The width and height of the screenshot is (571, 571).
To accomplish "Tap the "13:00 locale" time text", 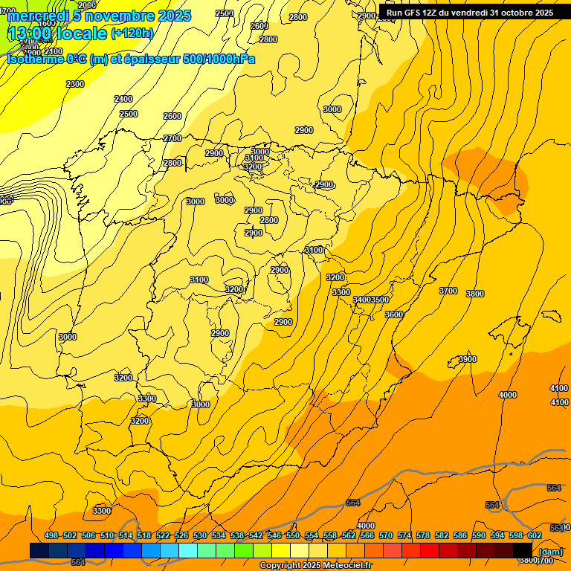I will [57, 33].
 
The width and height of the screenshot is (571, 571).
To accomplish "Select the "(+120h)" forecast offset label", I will [132, 33].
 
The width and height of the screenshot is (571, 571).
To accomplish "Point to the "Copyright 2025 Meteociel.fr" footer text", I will [315, 566].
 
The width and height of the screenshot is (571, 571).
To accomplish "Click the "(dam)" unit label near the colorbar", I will [550, 552].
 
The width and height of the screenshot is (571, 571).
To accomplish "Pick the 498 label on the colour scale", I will [51, 535].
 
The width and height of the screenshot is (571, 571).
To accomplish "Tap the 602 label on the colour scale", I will [535, 535].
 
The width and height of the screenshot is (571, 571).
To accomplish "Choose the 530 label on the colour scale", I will [200, 535].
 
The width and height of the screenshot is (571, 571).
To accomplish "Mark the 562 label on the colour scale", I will [349, 535].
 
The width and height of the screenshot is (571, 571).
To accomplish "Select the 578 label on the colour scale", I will [423, 535].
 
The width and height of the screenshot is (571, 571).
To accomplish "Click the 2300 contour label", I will [74, 85].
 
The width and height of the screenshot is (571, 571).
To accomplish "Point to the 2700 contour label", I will [172, 138].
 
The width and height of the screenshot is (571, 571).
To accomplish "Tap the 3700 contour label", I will [448, 291].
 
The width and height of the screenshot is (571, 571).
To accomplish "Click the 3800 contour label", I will [475, 294].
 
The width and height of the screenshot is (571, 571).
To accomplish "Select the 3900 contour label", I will [468, 360].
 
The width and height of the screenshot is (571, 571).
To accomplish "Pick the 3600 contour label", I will [394, 314].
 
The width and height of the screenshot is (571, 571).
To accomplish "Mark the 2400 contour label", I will [123, 99].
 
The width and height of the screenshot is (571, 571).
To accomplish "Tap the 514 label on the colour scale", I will [126, 535].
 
